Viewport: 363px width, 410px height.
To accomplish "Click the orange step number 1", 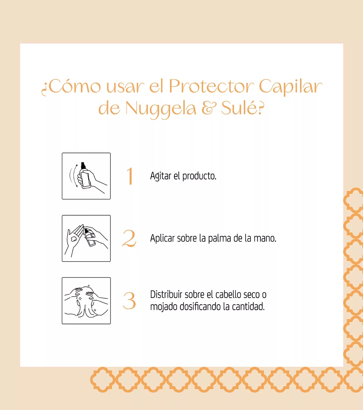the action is point(130,176).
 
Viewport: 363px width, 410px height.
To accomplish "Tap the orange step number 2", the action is point(129,238).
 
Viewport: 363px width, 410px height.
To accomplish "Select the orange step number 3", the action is point(129,301).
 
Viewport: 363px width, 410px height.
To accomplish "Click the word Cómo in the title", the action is point(74,87).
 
